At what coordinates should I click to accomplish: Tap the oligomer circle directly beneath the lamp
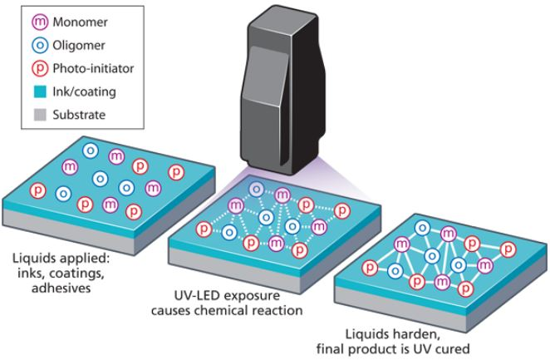pos(257,189)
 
